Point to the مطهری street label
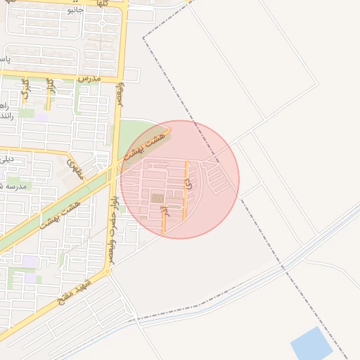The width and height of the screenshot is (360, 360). (75, 169)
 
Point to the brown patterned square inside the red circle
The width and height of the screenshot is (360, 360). (157, 198)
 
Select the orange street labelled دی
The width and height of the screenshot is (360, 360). (186, 200)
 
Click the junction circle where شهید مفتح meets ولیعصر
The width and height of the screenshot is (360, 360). (108, 271)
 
